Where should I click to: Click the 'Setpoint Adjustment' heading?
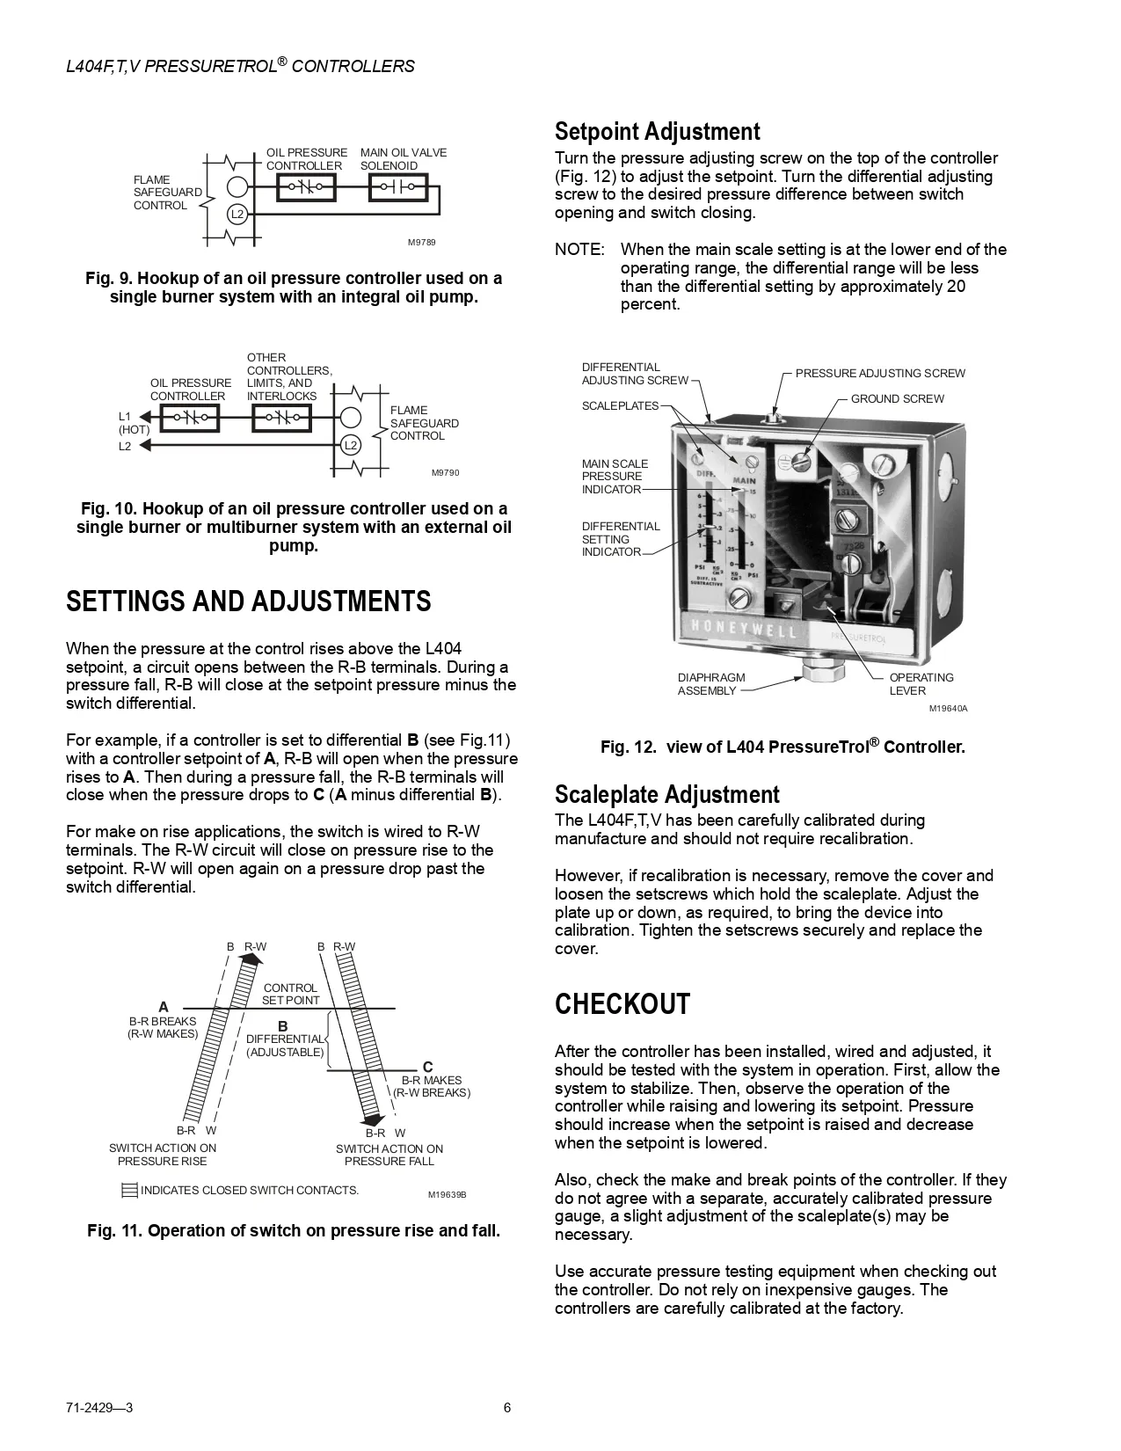(x=657, y=132)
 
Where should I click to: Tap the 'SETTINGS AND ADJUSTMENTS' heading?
(x=249, y=602)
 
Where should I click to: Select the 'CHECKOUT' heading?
(x=622, y=1004)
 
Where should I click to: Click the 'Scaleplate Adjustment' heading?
(x=666, y=795)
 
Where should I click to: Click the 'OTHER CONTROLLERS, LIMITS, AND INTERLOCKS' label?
(x=289, y=377)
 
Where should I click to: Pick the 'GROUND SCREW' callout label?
(x=897, y=399)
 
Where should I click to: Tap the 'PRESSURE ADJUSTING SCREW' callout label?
(x=880, y=374)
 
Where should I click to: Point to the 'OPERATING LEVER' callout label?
(x=921, y=684)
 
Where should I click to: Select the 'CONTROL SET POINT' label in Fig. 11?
(x=291, y=994)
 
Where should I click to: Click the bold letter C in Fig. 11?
(x=428, y=1068)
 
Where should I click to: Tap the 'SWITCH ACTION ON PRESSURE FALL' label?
(x=389, y=1155)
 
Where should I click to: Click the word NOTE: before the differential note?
(x=579, y=250)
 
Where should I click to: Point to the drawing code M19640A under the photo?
(x=950, y=709)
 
